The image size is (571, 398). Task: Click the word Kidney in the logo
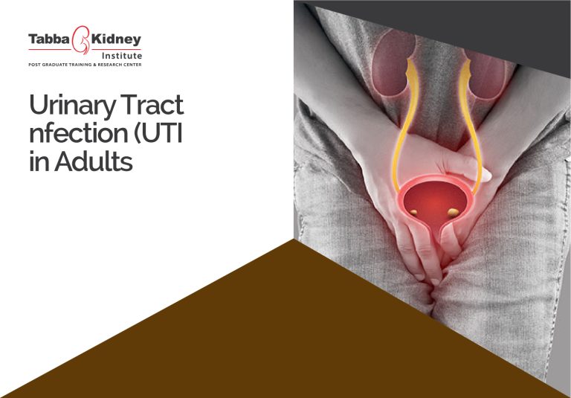pyautogui.click(x=115, y=39)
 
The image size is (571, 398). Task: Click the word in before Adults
pyautogui.click(x=37, y=161)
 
